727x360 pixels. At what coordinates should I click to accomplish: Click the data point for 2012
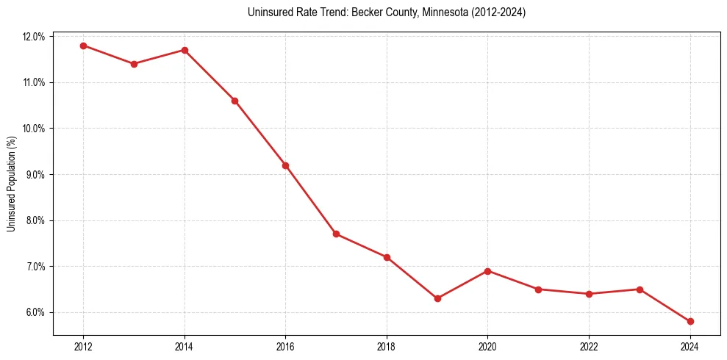pyautogui.click(x=83, y=46)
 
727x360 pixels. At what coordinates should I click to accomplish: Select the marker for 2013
pyautogui.click(x=134, y=64)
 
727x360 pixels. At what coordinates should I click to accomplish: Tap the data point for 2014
pyautogui.click(x=185, y=50)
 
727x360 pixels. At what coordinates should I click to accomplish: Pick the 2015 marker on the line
pyautogui.click(x=234, y=101)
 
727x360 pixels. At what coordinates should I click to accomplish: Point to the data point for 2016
pyautogui.click(x=285, y=165)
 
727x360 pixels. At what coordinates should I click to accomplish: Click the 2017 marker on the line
pyautogui.click(x=336, y=234)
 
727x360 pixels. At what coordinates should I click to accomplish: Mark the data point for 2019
pyautogui.click(x=437, y=298)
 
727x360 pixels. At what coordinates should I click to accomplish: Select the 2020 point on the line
pyautogui.click(x=488, y=271)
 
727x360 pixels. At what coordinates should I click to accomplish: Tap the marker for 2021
pyautogui.click(x=538, y=289)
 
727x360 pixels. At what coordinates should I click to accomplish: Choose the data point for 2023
pyautogui.click(x=640, y=289)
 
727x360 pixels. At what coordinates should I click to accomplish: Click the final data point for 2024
pyautogui.click(x=690, y=321)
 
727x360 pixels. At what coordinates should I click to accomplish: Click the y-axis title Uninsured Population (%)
pyautogui.click(x=11, y=184)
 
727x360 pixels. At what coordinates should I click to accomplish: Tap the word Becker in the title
pyautogui.click(x=365, y=12)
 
